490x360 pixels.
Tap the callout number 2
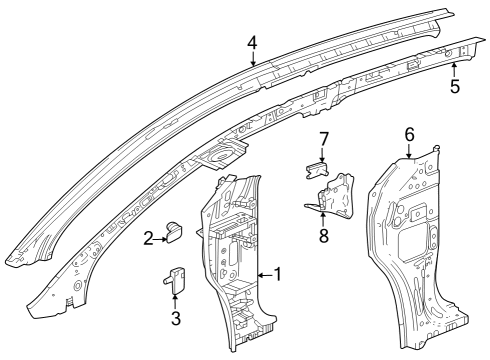pos(148,237)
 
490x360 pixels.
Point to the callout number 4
pos(253,43)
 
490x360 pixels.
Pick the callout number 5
pos(455,87)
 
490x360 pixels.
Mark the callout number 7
pos(322,138)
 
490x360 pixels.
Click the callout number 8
pos(322,236)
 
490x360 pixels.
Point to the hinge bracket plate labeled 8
pos(338,195)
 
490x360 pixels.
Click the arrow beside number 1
pos(263,274)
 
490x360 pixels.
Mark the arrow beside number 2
pos(160,237)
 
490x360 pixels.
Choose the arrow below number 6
pos(409,150)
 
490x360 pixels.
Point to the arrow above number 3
pos(176,301)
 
